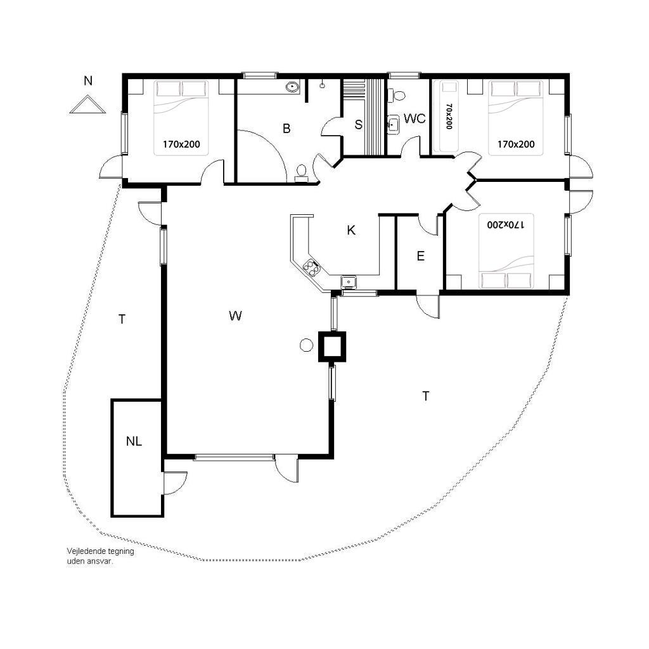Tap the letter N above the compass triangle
87,80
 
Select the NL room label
134,441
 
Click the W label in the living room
235,316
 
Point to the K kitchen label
351,230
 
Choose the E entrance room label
421,256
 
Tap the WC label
414,119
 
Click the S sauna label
359,124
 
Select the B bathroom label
286,128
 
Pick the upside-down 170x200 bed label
505,224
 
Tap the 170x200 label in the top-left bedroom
181,144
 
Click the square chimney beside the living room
331,347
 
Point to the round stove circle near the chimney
306,345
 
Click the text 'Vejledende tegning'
101,551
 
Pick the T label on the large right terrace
425,396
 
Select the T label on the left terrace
122,319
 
